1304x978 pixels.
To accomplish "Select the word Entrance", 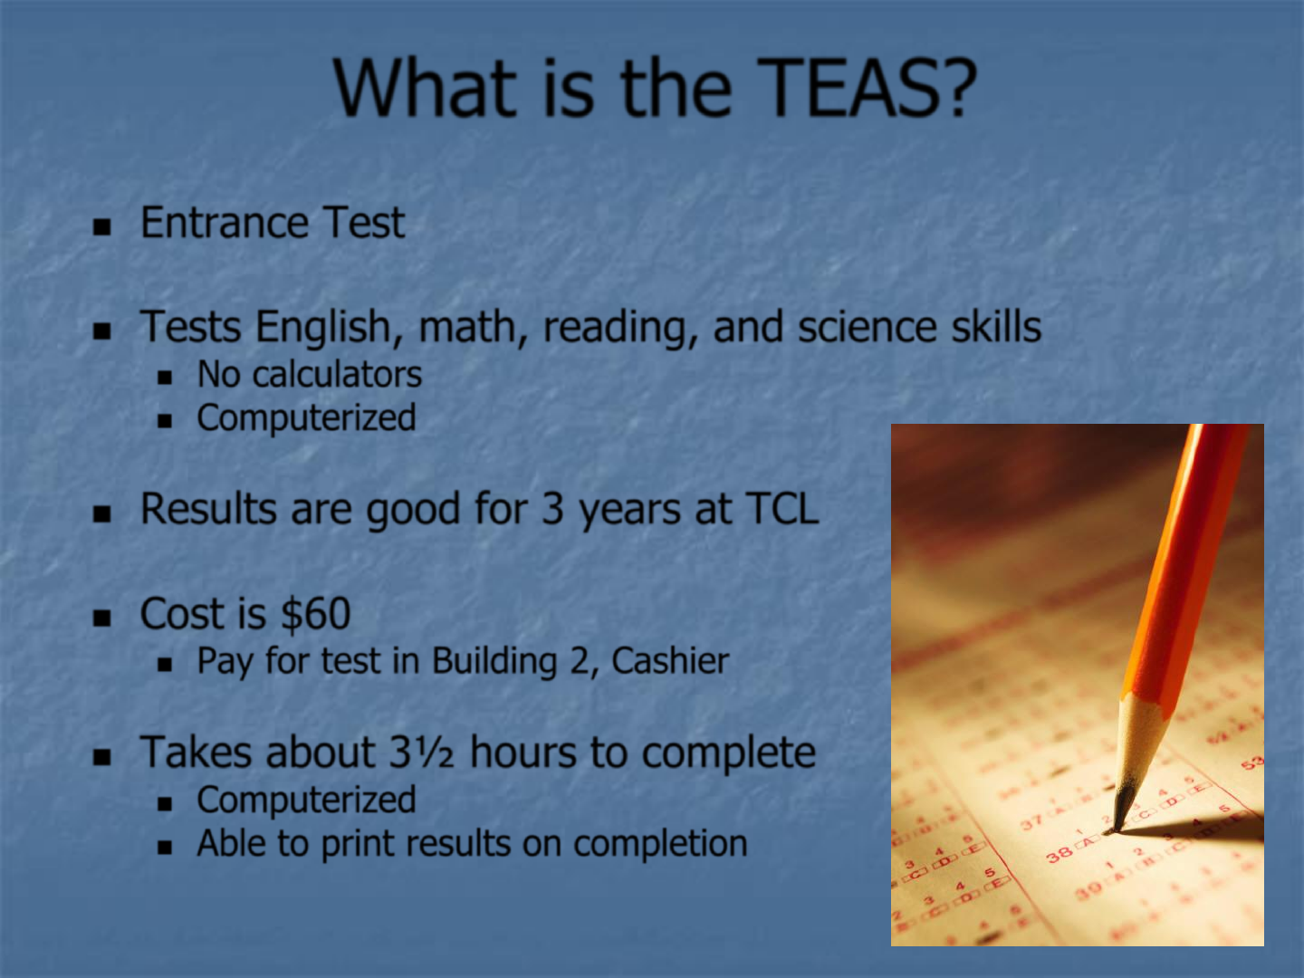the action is [x=224, y=223].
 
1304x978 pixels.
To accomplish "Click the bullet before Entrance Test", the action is [x=102, y=226].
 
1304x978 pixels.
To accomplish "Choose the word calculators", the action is [x=338, y=375].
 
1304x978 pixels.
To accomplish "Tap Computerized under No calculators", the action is [x=307, y=417].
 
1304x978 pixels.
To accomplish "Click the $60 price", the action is [x=316, y=613].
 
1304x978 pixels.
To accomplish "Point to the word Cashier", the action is [x=670, y=661].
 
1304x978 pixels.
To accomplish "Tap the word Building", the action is [x=494, y=661].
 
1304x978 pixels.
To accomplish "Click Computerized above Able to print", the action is [x=307, y=800].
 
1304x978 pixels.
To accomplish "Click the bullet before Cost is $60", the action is [x=102, y=618].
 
